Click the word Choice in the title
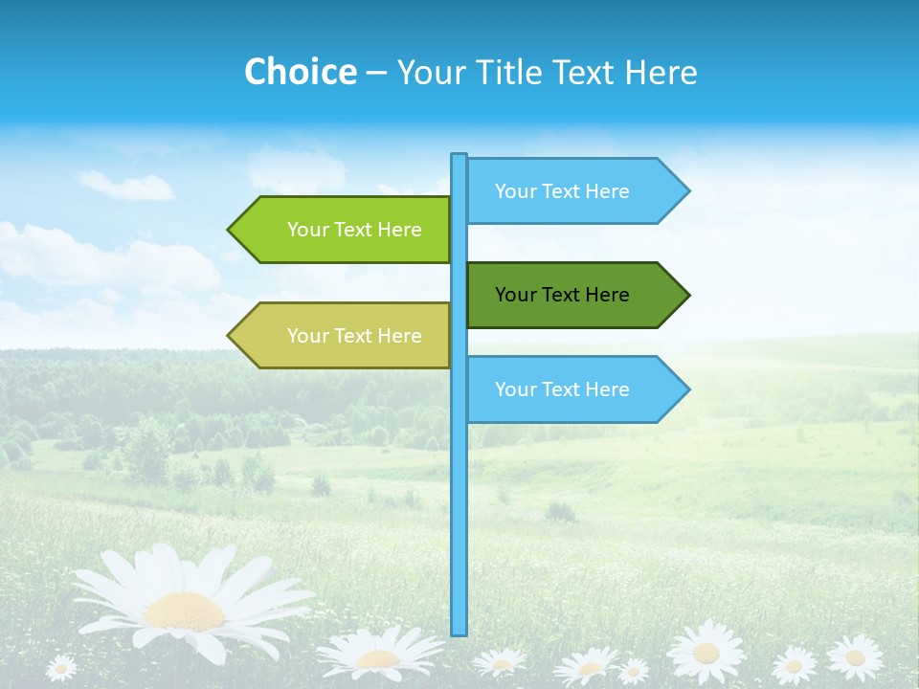click(x=300, y=72)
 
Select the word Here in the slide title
click(x=661, y=72)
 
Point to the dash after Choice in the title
click(x=376, y=73)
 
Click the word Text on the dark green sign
click(x=563, y=295)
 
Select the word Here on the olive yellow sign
click(x=400, y=336)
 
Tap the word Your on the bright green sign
click(x=307, y=230)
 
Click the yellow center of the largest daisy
click(x=184, y=610)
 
